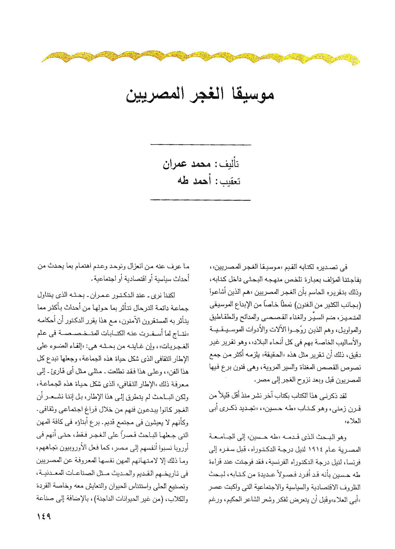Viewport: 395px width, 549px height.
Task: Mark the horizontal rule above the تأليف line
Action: [201, 145]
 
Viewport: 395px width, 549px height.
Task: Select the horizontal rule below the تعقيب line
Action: [201, 200]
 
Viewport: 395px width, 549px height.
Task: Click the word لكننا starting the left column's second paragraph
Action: [169, 295]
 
